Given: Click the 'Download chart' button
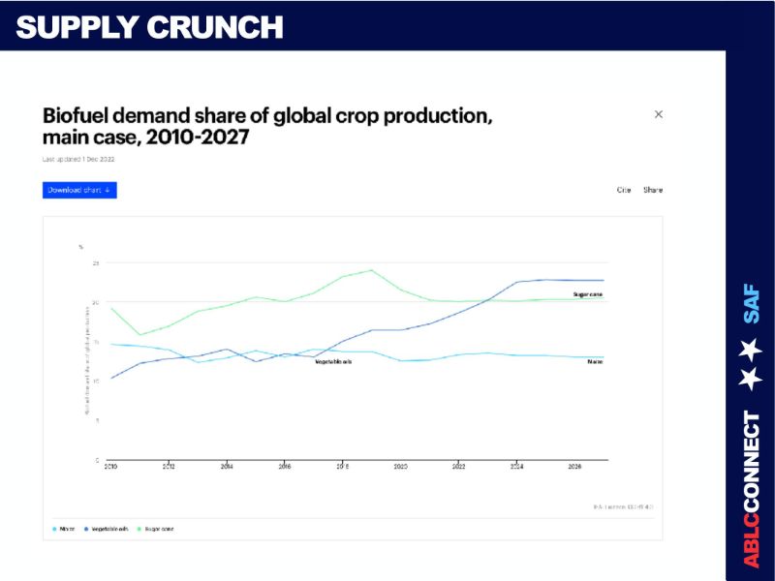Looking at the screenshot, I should [79, 190].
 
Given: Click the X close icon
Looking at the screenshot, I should [659, 114].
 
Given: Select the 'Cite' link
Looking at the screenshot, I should [624, 190].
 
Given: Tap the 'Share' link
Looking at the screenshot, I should [653, 190].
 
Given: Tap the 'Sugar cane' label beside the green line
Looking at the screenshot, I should [588, 293].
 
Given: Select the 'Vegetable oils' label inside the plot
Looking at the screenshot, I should [333, 361].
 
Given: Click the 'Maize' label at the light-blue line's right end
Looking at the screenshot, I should [595, 361].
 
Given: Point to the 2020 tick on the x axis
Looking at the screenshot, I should [400, 466].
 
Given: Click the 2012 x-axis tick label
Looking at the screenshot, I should [169, 466].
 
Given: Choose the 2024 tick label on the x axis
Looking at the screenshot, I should [517, 466].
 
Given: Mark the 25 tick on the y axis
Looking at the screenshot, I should [96, 263].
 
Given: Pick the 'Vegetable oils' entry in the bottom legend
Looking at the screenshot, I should [108, 529].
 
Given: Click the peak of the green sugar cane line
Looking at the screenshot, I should [372, 270].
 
